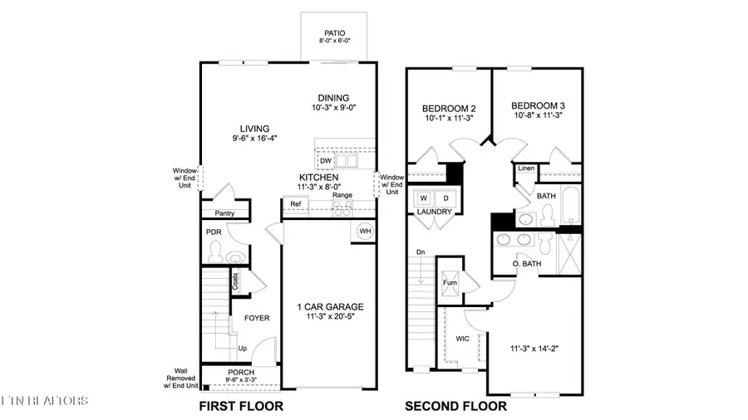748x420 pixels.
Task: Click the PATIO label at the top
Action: click(334, 33)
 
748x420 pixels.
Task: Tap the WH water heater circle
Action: click(364, 231)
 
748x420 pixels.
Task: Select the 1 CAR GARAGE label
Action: click(330, 306)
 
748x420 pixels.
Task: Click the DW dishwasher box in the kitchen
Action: click(326, 161)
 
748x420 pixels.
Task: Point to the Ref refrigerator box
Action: click(295, 204)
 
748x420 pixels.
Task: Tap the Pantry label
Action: click(224, 213)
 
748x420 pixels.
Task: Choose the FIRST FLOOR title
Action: click(242, 407)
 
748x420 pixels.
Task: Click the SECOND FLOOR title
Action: click(455, 407)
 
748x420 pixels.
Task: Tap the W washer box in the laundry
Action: click(423, 198)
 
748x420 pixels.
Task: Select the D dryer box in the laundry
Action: click(445, 198)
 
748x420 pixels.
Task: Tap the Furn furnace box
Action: click(450, 281)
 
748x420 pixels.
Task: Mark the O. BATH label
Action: click(526, 264)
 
